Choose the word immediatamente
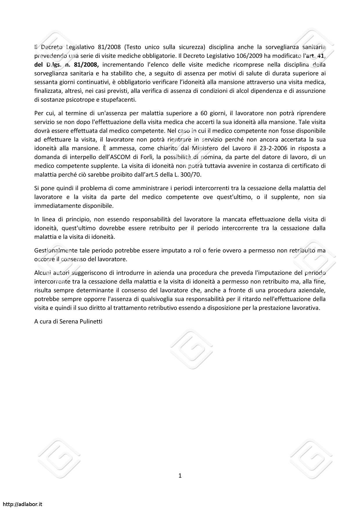57,206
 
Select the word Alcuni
43,273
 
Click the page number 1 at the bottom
180,475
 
